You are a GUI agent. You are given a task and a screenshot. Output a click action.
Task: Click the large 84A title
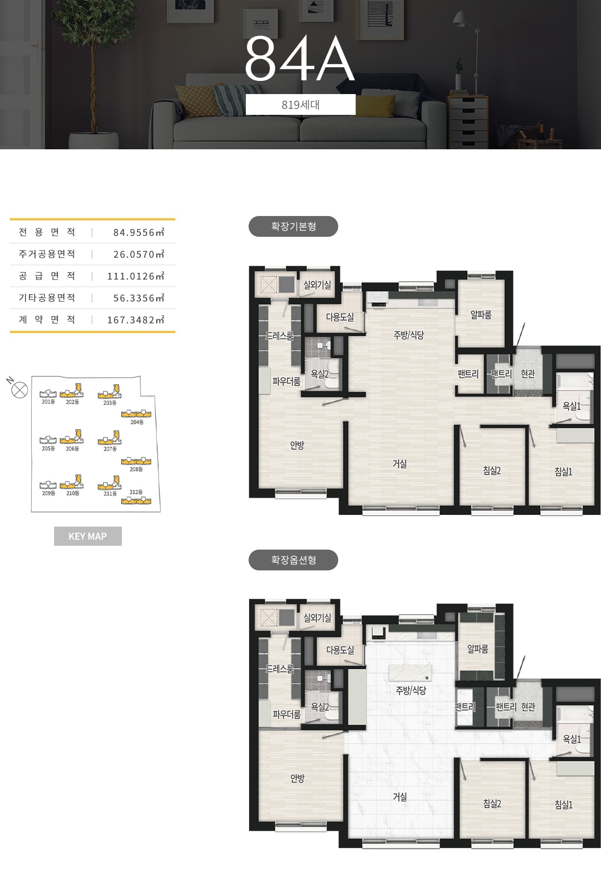coord(300,58)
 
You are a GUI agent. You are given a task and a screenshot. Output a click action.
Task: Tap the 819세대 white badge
coord(300,104)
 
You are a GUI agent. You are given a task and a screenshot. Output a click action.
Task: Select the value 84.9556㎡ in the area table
coord(139,232)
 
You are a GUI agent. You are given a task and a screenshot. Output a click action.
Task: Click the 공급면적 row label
coord(46,276)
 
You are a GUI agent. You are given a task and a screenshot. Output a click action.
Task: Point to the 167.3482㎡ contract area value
coord(136,320)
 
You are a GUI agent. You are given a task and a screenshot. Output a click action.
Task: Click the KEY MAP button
coord(88,536)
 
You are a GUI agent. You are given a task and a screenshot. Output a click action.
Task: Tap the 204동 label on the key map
coord(137,422)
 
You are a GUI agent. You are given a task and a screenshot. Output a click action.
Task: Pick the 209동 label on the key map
coord(49,493)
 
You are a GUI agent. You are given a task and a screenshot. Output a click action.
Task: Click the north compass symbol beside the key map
coord(20,390)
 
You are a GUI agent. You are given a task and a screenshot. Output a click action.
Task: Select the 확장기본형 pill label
coord(293,226)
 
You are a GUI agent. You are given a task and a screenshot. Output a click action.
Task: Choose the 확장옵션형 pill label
coord(293,560)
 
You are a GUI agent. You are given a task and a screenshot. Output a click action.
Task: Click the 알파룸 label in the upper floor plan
coord(481,314)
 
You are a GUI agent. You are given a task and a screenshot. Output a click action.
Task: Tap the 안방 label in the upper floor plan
coord(297,445)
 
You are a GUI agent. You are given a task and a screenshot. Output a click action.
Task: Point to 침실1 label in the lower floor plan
coord(563,804)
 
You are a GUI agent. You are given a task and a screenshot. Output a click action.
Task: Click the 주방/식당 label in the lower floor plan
coord(411,690)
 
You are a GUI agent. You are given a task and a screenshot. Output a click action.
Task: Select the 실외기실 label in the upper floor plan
coord(317,285)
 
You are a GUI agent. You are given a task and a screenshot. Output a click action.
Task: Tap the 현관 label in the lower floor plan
coord(528,707)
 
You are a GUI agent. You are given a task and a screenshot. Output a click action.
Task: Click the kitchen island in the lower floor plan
coord(410,672)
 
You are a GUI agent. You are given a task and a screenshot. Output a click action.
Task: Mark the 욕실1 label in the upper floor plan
coord(571,406)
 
